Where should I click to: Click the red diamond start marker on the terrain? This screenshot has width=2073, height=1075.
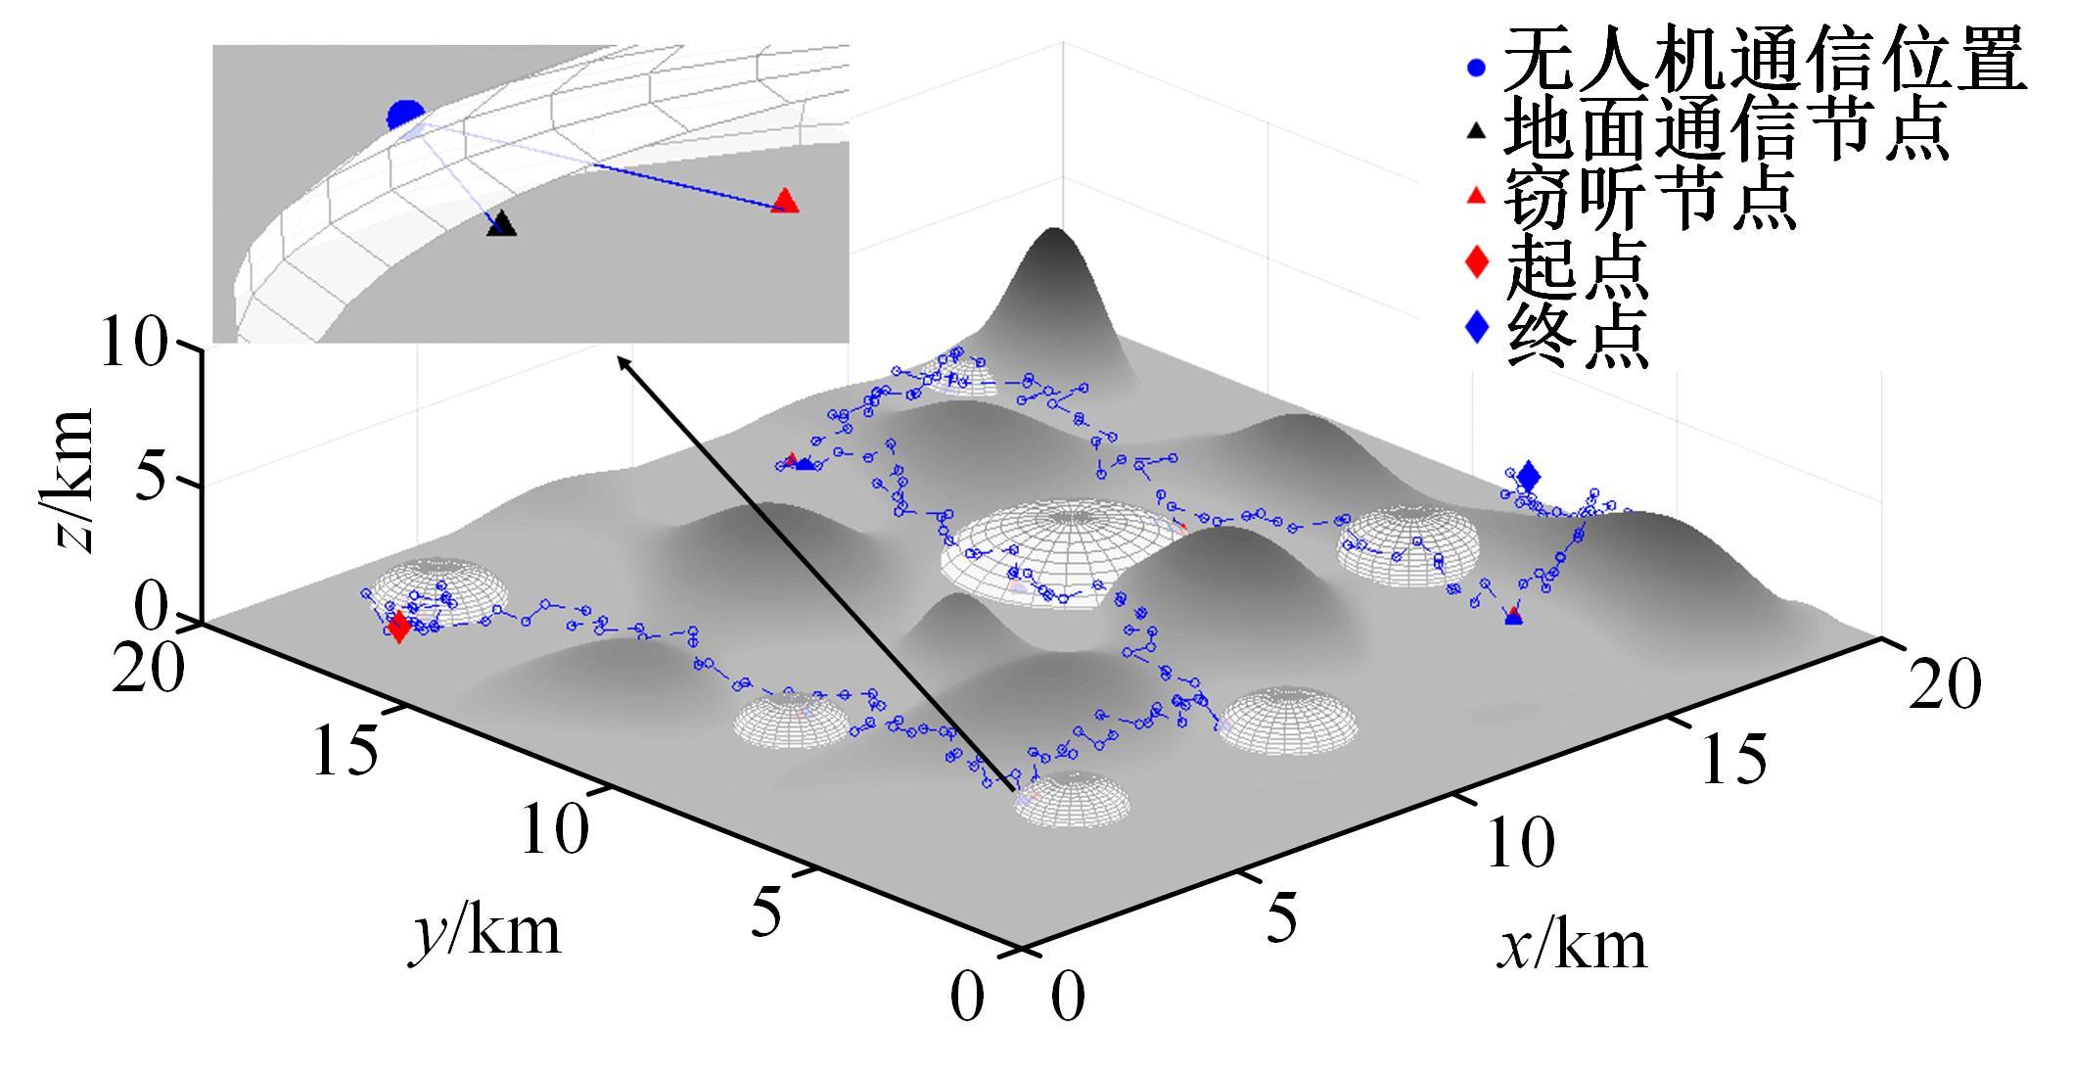pyautogui.click(x=398, y=627)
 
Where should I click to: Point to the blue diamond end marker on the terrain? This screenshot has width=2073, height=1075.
pyautogui.click(x=1529, y=477)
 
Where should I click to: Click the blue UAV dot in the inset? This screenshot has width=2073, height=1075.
pyautogui.click(x=404, y=116)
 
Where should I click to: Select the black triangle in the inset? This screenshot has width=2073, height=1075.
pyautogui.click(x=501, y=223)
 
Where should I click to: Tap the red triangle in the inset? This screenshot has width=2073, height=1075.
pyautogui.click(x=785, y=201)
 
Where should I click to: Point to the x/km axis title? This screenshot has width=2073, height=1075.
pyautogui.click(x=1571, y=946)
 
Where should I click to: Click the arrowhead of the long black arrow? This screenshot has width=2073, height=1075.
pyautogui.click(x=619, y=358)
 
